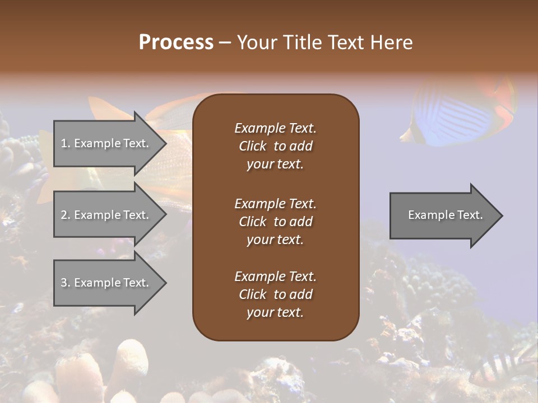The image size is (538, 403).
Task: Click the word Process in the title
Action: [x=176, y=43]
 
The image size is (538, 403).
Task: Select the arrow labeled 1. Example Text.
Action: [x=106, y=143]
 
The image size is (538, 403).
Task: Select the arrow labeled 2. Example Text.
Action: [x=106, y=215]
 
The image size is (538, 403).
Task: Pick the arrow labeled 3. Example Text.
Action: [x=106, y=283]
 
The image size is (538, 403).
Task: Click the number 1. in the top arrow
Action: [x=65, y=143]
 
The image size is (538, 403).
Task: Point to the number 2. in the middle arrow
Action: [x=65, y=215]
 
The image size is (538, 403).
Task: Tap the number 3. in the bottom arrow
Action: [x=65, y=283]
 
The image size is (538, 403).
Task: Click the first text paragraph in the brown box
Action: [x=275, y=146]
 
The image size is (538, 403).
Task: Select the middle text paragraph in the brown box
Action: [x=275, y=221]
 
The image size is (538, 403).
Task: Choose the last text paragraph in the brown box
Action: [x=275, y=294]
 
